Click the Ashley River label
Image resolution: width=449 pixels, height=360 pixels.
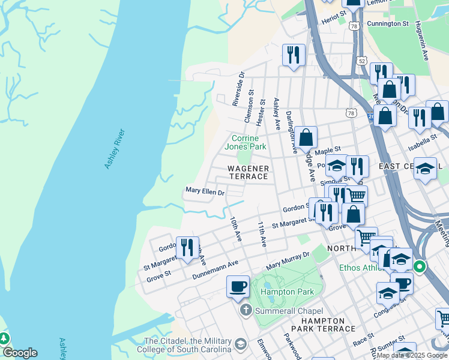114,149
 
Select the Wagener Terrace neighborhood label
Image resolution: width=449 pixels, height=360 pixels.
247,173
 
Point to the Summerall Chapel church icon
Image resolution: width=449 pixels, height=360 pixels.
246,311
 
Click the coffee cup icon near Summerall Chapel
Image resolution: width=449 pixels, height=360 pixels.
238,286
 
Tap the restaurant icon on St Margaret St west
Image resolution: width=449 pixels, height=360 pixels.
187,247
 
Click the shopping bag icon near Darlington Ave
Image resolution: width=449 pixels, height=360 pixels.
306,137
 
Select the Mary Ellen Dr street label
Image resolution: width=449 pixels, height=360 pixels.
205,193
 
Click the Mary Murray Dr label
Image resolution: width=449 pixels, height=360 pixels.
288,260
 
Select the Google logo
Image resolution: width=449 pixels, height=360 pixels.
19,353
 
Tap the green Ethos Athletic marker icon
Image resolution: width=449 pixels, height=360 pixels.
420,267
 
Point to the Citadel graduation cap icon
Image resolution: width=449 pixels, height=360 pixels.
241,344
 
